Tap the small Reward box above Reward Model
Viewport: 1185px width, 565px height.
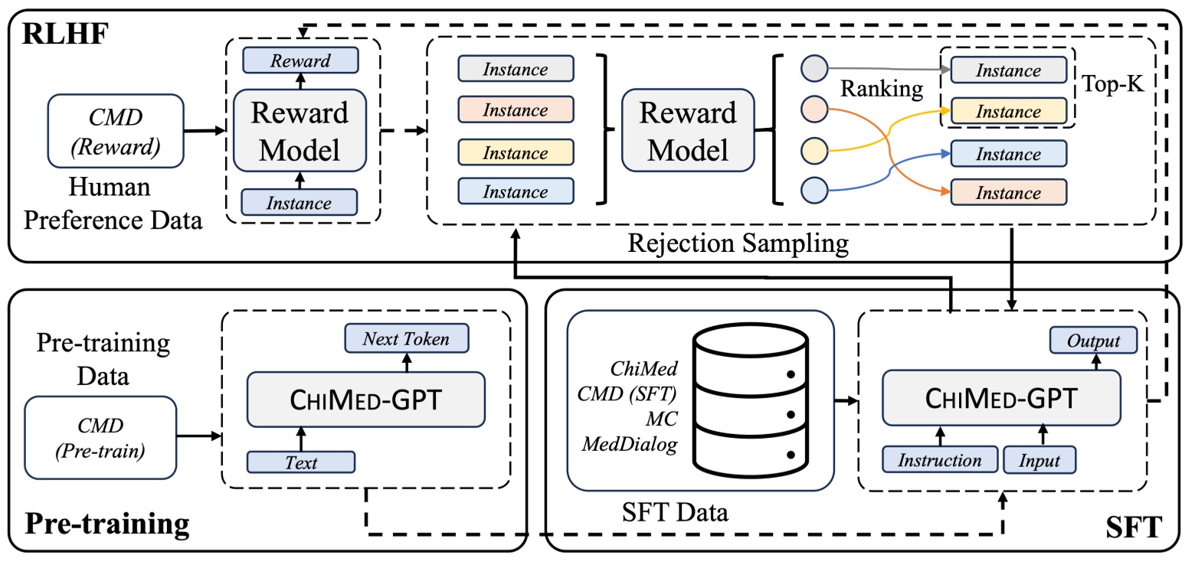[x=300, y=60]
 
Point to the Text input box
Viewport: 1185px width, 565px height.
[x=301, y=462]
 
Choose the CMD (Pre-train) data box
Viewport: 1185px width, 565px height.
[x=101, y=436]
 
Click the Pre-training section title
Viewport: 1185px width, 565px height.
[x=107, y=524]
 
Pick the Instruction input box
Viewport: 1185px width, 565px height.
[x=939, y=461]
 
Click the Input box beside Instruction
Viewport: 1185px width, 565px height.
[x=1039, y=461]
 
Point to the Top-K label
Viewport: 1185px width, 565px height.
[x=1112, y=83]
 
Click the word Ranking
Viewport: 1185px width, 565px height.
[x=882, y=89]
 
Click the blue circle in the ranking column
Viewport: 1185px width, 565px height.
[x=814, y=188]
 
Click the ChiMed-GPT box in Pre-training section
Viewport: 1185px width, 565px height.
[x=365, y=399]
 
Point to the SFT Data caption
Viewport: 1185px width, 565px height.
[x=675, y=511]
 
